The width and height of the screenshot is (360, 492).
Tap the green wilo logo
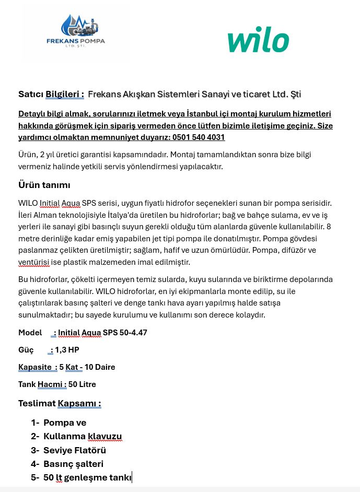click(258, 41)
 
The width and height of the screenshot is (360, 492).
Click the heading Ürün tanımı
click(44, 185)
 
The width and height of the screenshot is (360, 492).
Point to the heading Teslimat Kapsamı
click(60, 403)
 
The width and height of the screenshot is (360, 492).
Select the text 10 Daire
click(100, 367)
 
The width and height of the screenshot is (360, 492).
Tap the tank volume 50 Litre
click(82, 384)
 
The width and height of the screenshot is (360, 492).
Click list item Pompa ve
click(65, 423)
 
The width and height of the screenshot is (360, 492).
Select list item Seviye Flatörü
click(75, 450)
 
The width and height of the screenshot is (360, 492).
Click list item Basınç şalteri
click(73, 464)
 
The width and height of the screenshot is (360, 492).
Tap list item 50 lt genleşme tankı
click(87, 477)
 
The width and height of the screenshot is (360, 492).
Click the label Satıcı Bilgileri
click(51, 95)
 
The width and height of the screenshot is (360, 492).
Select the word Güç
click(26, 350)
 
